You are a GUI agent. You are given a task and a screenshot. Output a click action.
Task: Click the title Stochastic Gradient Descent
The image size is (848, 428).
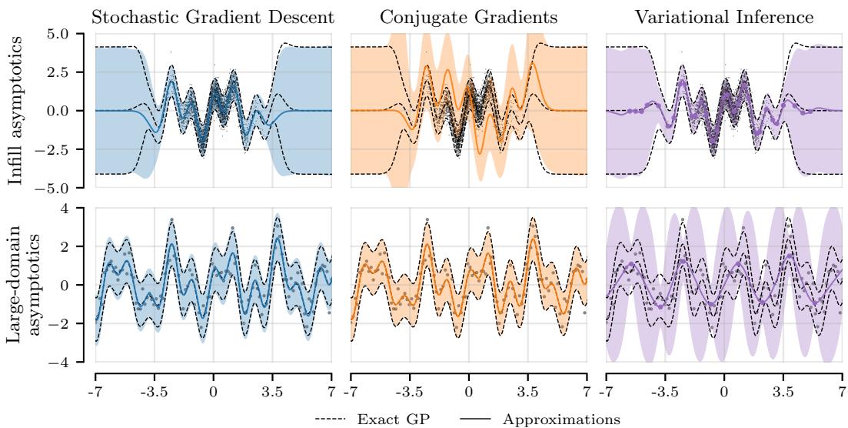(213, 18)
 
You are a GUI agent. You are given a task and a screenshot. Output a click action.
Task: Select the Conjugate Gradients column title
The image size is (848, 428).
(468, 18)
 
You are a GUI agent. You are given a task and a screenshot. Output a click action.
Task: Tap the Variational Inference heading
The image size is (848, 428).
(723, 18)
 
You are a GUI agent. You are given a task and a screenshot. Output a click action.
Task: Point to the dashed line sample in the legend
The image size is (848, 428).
(332, 420)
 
